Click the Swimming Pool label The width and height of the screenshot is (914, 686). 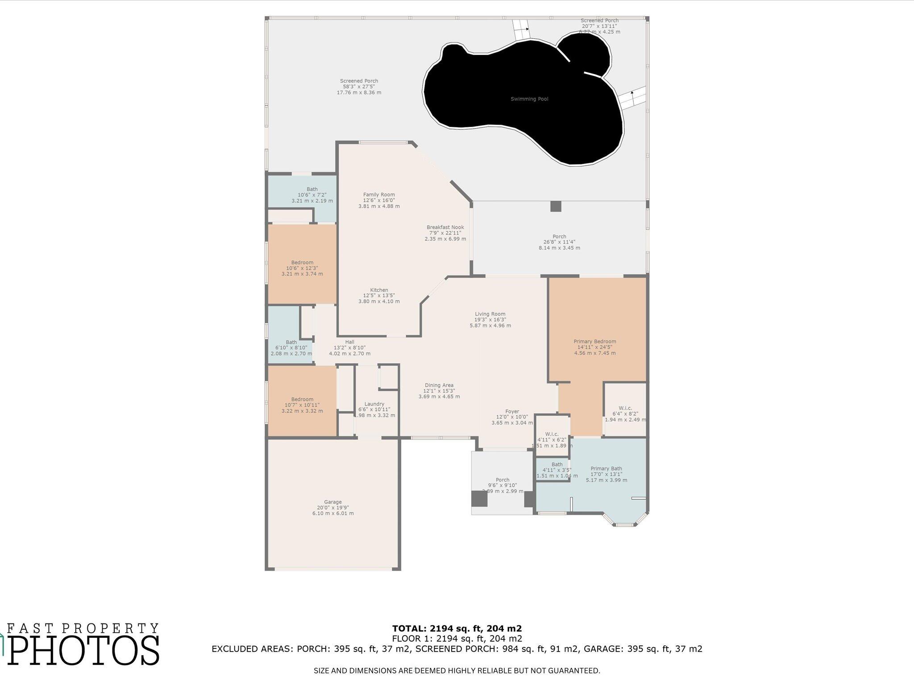[x=529, y=99]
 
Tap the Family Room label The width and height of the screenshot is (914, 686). [x=379, y=195]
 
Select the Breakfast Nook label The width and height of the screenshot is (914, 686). [x=445, y=227]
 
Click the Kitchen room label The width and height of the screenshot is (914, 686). [x=379, y=290]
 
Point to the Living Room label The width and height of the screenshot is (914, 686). [x=490, y=314]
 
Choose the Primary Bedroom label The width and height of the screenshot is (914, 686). [x=594, y=342]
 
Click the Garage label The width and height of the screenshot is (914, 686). [x=333, y=502]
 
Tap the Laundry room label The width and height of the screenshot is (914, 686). [x=374, y=404]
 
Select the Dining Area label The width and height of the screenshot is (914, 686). [x=439, y=385]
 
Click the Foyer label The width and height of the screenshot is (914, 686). [x=512, y=412]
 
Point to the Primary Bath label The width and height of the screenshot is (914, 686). [x=606, y=469]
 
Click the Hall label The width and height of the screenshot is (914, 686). [x=349, y=342]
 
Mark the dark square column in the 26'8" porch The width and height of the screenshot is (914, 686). [x=556, y=206]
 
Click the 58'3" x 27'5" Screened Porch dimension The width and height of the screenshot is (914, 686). [x=359, y=87]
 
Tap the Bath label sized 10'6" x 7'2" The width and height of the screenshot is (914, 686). [x=312, y=189]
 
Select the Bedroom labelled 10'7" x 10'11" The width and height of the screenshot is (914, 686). [x=302, y=399]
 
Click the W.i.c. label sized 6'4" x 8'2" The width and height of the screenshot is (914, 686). [x=625, y=408]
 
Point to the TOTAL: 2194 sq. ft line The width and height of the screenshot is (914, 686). [x=457, y=628]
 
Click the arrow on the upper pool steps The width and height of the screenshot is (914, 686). [x=527, y=29]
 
